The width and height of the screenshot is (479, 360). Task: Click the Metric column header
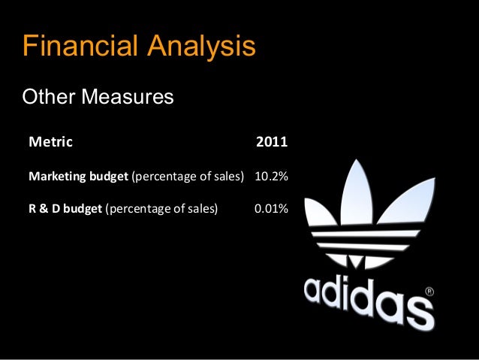click(46, 141)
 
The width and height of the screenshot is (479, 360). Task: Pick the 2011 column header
click(272, 141)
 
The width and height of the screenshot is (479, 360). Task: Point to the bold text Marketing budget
click(78, 177)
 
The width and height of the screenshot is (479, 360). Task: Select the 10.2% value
click(272, 177)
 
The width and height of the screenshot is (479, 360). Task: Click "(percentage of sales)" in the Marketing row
click(188, 177)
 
